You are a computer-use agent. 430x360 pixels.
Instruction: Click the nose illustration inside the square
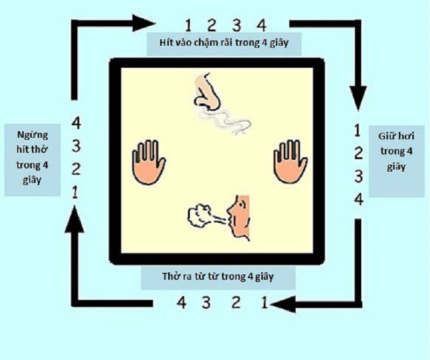(x=207, y=92)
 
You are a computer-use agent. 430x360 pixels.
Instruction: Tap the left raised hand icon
(x=149, y=162)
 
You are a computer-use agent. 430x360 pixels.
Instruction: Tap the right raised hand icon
(x=290, y=162)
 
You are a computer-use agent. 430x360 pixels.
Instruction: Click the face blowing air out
(x=239, y=217)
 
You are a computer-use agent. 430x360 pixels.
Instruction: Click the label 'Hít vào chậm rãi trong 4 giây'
(x=224, y=44)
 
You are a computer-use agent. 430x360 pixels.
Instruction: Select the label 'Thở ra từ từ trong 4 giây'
(x=218, y=277)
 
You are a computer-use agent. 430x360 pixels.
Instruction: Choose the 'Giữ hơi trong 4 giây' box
(x=397, y=161)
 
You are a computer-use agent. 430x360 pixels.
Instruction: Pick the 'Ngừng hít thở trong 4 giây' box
(x=32, y=160)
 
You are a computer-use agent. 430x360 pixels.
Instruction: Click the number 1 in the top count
(x=188, y=25)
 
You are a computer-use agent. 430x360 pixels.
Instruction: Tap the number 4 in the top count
(x=261, y=25)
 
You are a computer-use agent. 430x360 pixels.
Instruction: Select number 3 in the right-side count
(x=359, y=177)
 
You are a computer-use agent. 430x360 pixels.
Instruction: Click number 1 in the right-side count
(x=357, y=130)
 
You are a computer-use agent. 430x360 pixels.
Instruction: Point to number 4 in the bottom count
(x=182, y=302)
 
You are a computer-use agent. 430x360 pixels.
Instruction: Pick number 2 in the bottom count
(x=236, y=302)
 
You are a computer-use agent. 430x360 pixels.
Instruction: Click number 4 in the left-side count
(x=76, y=123)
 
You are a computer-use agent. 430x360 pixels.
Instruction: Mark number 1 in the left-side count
(x=75, y=192)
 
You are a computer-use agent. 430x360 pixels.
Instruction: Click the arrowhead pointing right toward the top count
(x=144, y=23)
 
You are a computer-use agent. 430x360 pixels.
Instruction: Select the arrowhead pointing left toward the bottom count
(x=283, y=304)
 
